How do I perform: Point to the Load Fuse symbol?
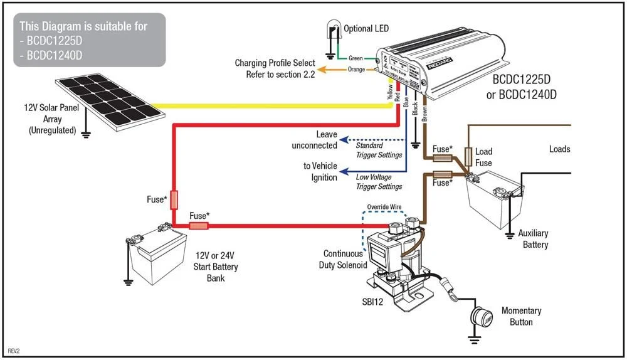468,157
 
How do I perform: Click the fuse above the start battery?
174,199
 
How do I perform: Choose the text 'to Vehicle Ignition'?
320,172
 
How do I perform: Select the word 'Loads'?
559,149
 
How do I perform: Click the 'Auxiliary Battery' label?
535,239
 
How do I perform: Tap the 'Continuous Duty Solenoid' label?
342,260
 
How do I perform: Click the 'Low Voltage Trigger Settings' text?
379,182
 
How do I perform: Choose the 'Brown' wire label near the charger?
425,110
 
